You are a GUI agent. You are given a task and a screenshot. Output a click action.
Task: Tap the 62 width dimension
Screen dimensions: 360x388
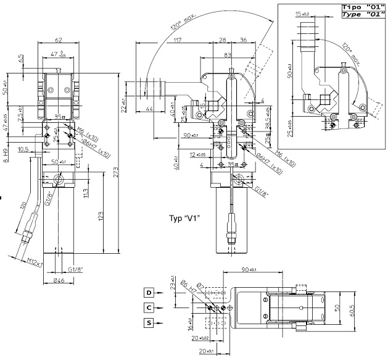tap(59, 40)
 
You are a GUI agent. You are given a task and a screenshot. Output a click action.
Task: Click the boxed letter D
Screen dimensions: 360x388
tap(149, 292)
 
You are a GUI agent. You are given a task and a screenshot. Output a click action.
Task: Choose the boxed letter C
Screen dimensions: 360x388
tap(149, 307)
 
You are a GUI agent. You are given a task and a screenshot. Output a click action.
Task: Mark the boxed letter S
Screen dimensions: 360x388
tap(149, 322)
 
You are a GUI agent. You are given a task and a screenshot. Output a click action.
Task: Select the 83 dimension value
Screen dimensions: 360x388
tap(228, 56)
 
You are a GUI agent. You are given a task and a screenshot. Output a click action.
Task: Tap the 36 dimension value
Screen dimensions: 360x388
tap(243, 41)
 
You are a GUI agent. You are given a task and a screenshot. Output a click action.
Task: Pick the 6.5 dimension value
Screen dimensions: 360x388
tap(21, 59)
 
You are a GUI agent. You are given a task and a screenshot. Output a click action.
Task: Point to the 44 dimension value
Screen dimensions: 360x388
tap(149, 109)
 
